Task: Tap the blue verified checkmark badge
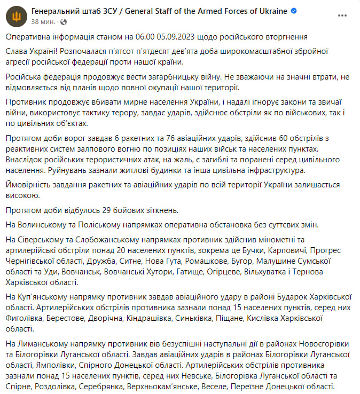[x=294, y=11]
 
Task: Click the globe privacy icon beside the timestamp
[x=64, y=22]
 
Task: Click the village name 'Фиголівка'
[x=25, y=318]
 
